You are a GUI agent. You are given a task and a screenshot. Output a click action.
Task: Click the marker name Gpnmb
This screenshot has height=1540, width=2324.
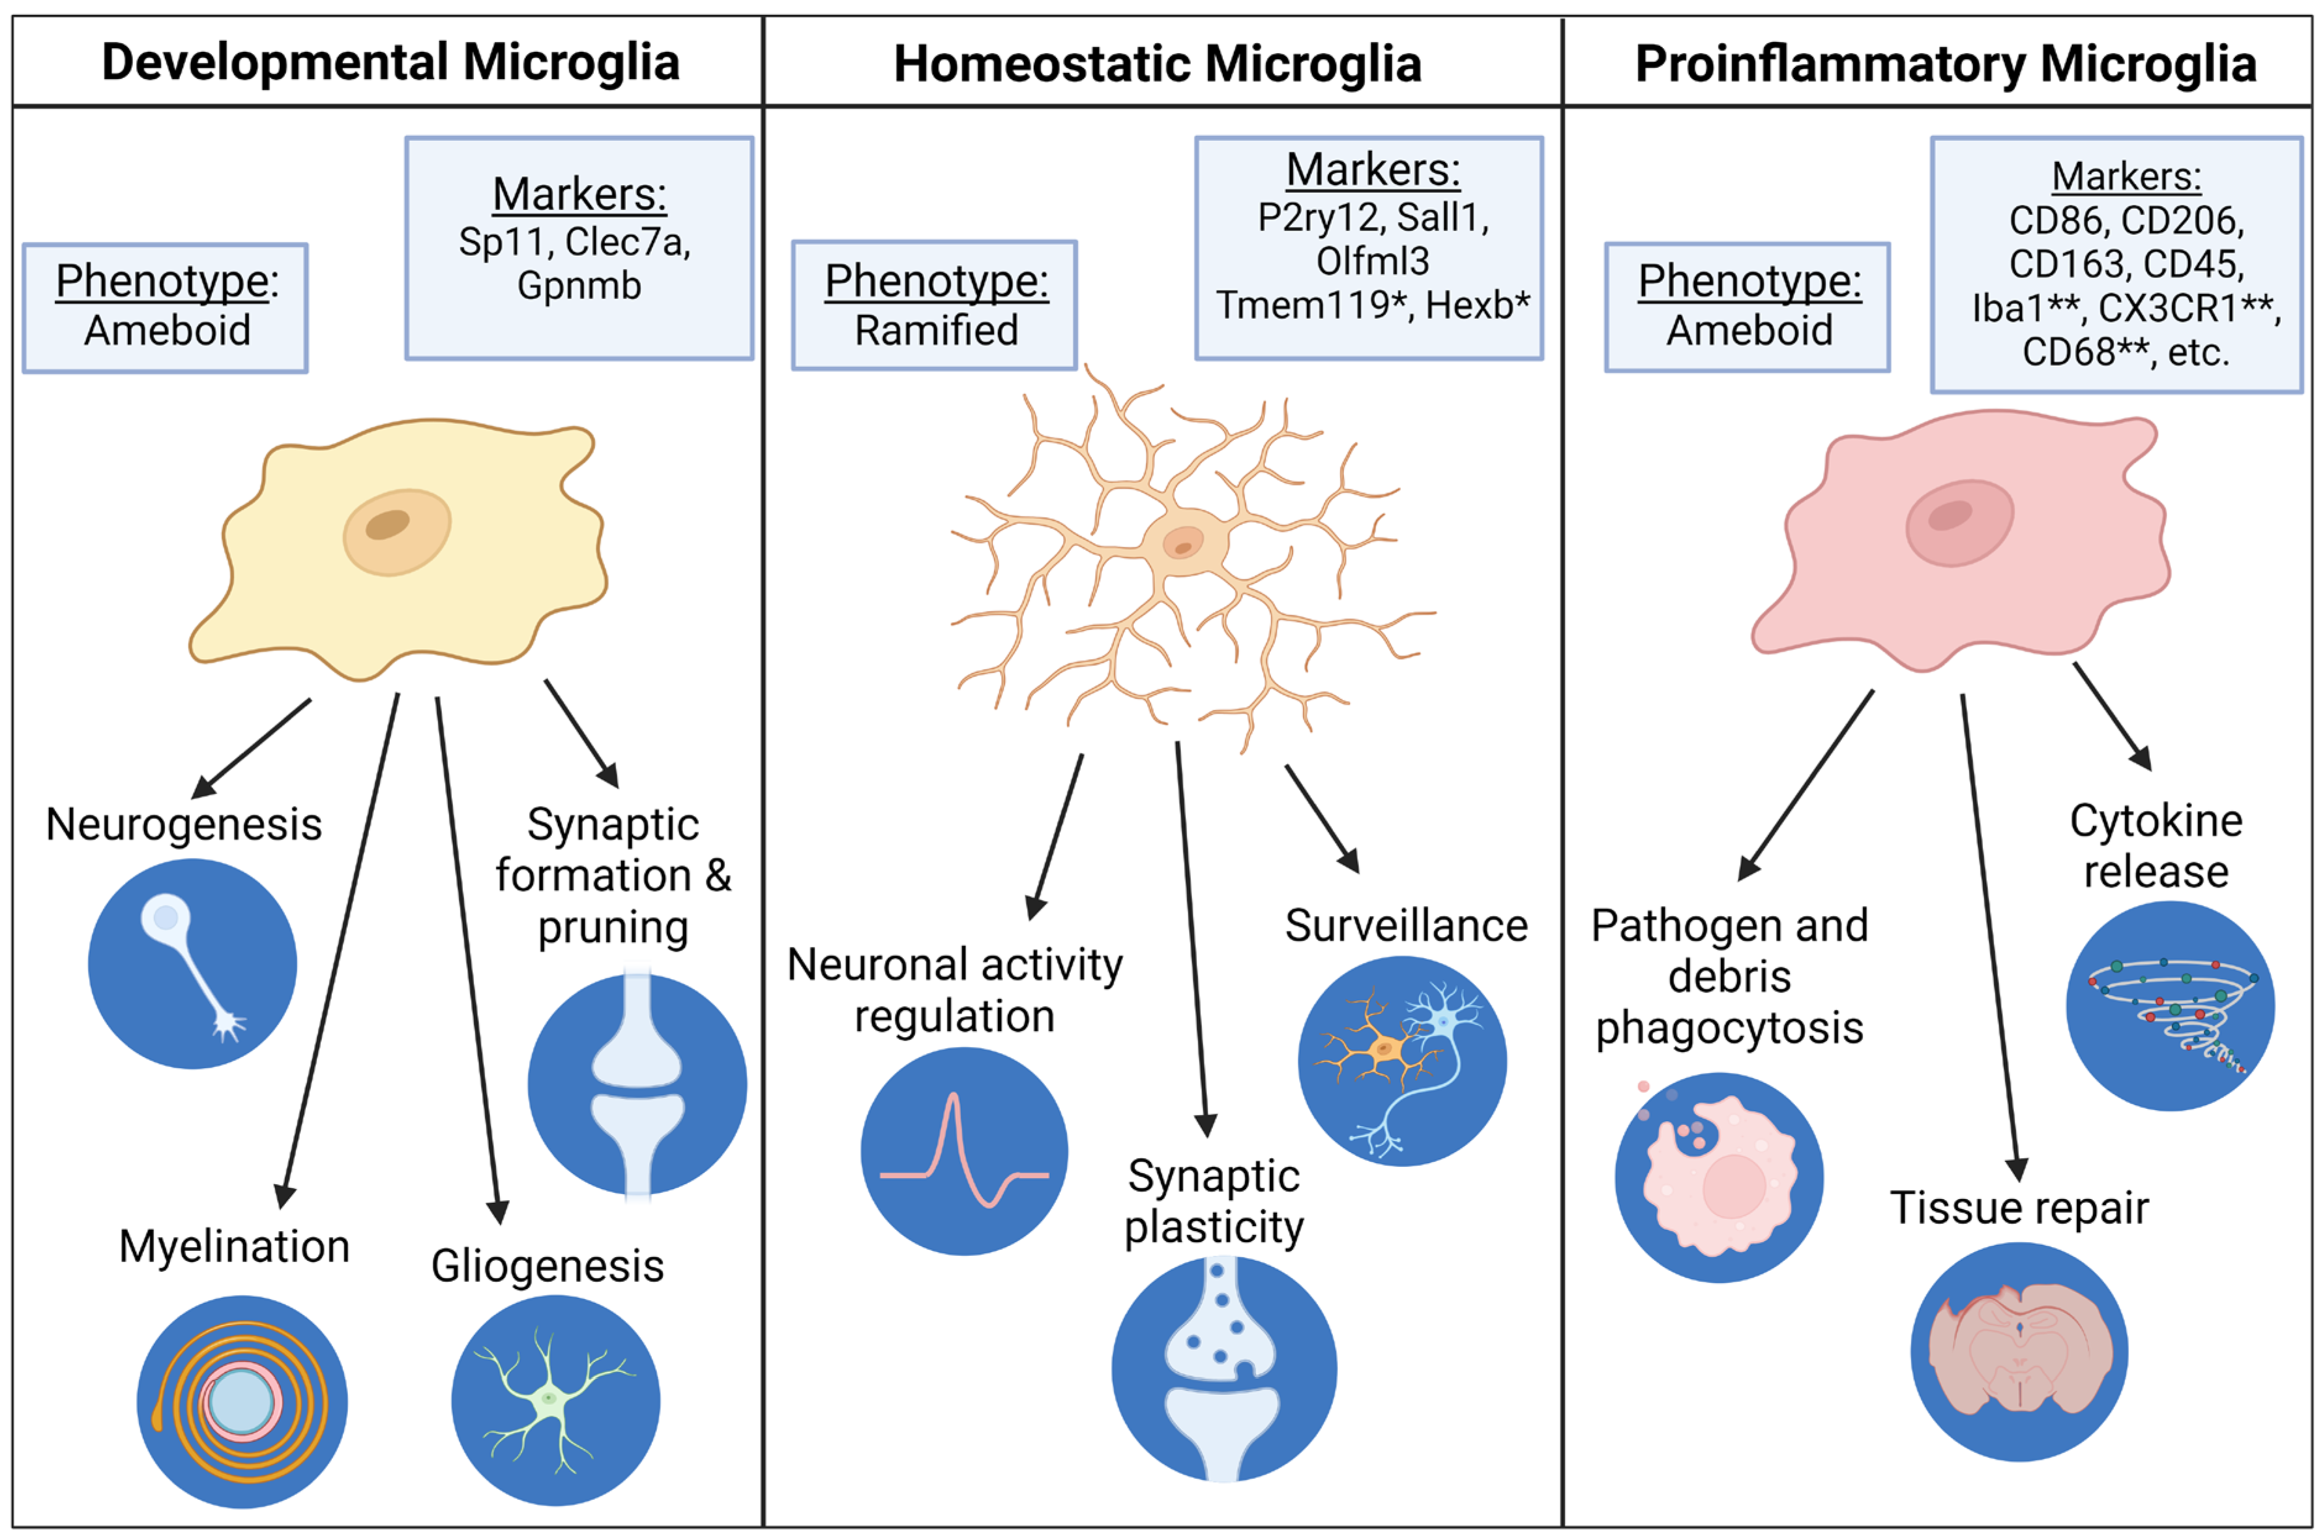pyautogui.click(x=578, y=286)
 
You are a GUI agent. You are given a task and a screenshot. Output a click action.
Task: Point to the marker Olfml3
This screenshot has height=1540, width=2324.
pyautogui.click(x=1372, y=261)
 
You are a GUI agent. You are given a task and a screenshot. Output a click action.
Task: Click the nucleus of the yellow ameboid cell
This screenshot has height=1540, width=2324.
pyautogui.click(x=396, y=531)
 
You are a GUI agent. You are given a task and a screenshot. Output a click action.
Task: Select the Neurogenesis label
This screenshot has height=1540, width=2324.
pyautogui.click(x=184, y=824)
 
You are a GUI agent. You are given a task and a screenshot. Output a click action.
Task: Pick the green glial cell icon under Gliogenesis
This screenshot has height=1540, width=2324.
pyautogui.click(x=555, y=1400)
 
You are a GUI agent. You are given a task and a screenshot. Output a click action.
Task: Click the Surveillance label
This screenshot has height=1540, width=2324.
pyautogui.click(x=1406, y=925)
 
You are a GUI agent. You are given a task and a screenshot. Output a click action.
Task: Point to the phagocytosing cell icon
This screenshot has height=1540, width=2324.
pyautogui.click(x=1719, y=1177)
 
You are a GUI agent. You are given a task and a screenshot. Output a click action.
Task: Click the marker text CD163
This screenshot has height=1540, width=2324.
pyautogui.click(x=2060, y=264)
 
